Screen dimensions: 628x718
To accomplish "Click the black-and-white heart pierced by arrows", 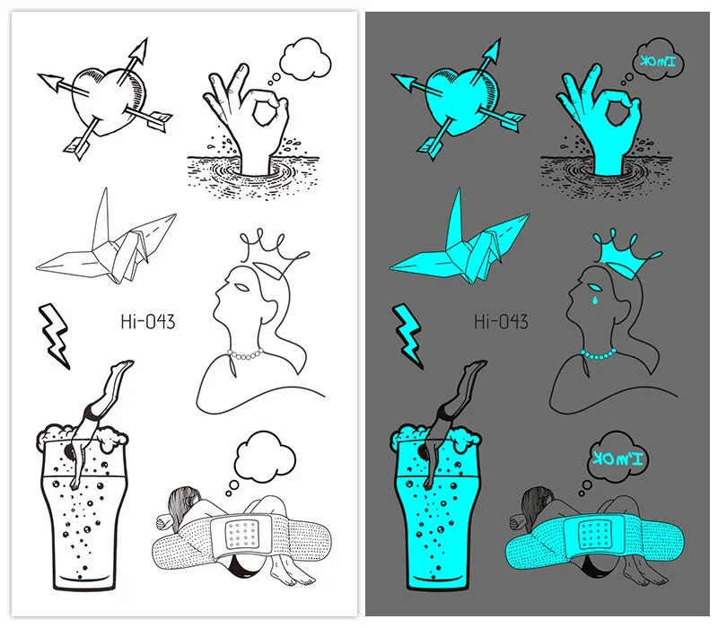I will pos(106,100).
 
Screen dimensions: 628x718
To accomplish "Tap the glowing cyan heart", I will pos(460,100).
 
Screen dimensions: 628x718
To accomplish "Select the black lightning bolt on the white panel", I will pos(55,334).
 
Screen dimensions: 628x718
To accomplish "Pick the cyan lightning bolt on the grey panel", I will pos(408,334).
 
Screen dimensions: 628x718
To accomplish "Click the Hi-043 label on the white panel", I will pos(147,321).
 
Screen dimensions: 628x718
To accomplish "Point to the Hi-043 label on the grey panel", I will pos(501,321).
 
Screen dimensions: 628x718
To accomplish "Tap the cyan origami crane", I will pos(462,240).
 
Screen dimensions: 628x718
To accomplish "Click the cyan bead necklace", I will pos(599,354).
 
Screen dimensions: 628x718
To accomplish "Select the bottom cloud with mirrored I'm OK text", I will pos(619,459).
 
